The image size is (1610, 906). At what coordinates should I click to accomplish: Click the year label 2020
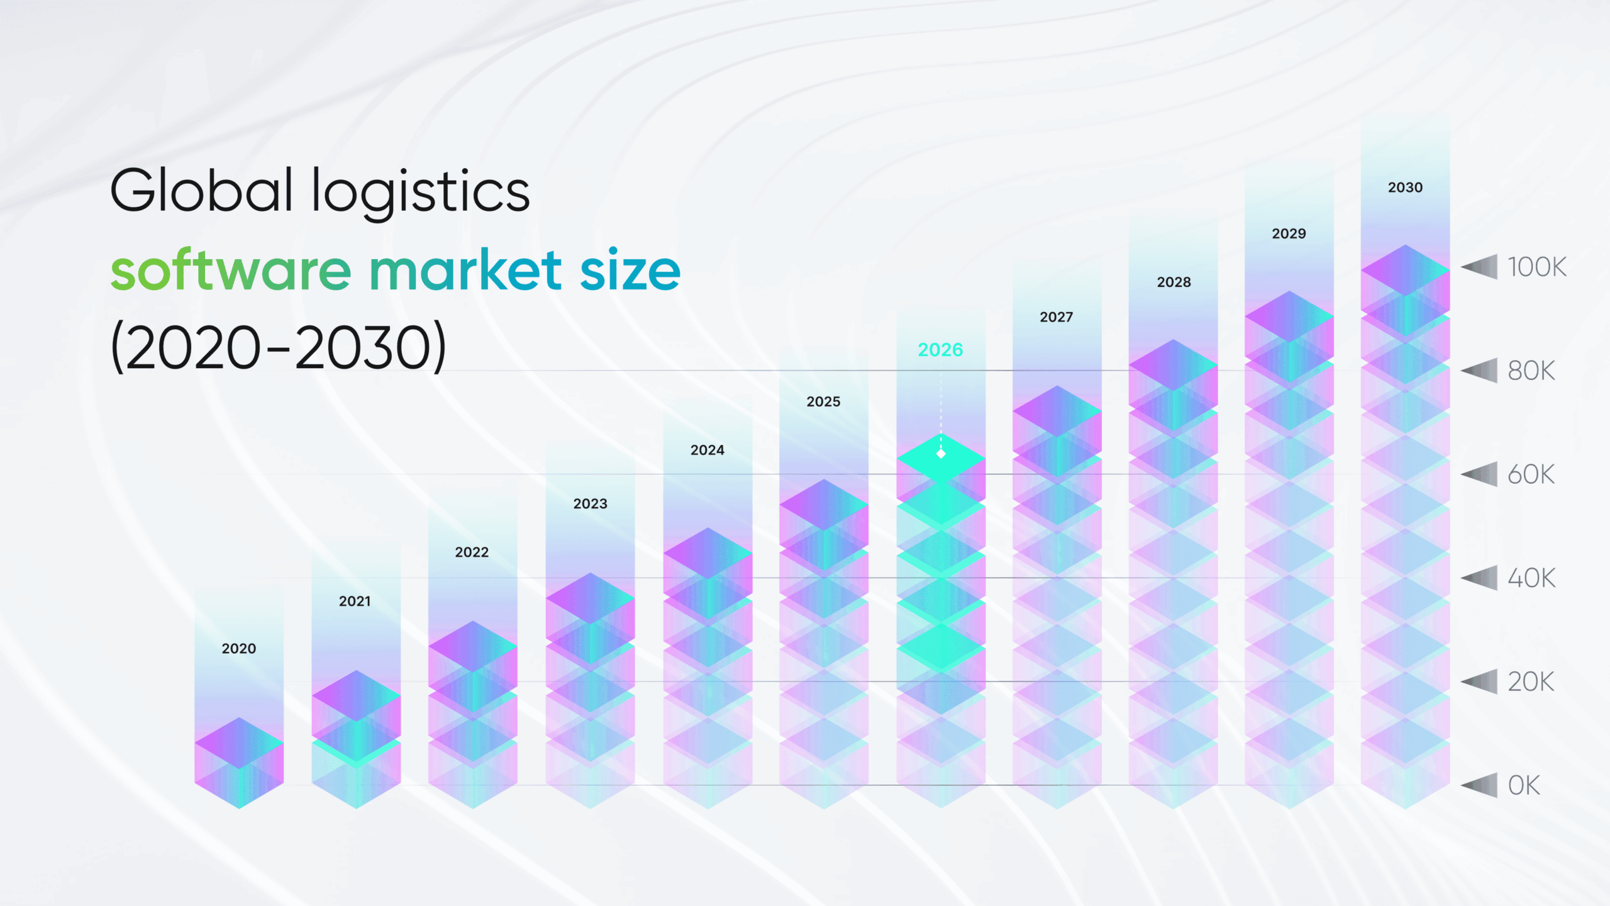coord(238,649)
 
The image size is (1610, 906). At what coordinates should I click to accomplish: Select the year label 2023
coord(590,504)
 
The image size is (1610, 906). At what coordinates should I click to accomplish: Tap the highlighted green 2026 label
coord(940,350)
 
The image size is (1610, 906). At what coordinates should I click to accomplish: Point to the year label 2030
coord(1405,187)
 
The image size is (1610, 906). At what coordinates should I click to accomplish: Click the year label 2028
coord(1174,282)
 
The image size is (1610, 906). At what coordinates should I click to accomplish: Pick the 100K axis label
coord(1536,267)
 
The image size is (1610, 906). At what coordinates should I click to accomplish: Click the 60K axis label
coord(1531,475)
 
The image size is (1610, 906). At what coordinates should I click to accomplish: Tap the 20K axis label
coord(1531,682)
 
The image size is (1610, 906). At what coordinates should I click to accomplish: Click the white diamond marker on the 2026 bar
coord(941,454)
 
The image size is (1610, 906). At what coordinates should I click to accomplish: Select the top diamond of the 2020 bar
coord(239,743)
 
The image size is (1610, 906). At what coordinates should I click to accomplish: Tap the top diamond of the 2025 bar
coord(824,505)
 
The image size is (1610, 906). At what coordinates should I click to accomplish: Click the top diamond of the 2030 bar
coord(1405,270)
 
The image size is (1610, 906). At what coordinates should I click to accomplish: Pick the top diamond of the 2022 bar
coord(473,646)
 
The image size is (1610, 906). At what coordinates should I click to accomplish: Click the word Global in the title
coord(201,191)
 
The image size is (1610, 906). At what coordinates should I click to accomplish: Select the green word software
coord(230,271)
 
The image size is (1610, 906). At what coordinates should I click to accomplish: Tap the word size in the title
coord(630,271)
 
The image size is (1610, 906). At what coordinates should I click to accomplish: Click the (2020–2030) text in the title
coord(278,347)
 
